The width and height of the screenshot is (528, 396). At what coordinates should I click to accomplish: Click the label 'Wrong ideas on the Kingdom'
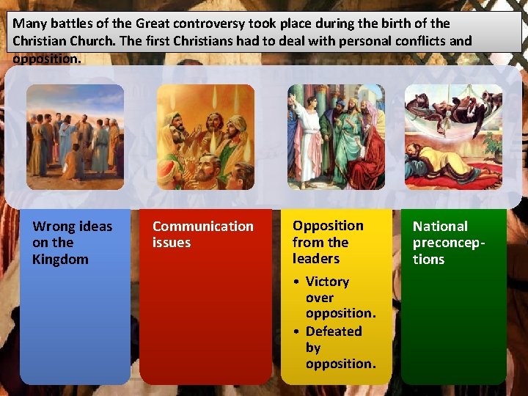(72, 243)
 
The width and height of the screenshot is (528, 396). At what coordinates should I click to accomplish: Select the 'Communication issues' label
(202, 235)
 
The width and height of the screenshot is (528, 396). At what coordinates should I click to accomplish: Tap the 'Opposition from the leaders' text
(328, 242)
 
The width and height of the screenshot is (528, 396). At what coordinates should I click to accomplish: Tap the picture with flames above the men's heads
(205, 136)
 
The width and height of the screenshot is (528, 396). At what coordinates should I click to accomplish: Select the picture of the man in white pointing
(336, 136)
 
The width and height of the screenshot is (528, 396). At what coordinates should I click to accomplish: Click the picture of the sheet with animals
(453, 136)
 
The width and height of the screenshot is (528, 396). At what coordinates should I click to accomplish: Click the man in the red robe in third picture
(367, 161)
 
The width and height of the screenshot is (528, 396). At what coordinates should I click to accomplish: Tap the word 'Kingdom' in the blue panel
(60, 260)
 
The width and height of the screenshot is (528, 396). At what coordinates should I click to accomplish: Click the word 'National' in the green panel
(440, 227)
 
